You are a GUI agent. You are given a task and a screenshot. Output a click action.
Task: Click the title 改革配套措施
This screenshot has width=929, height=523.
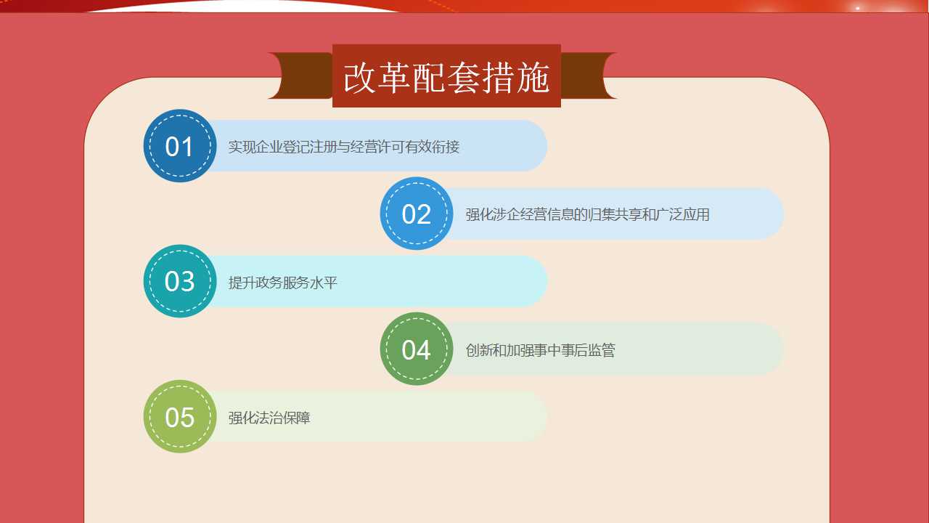point(446,78)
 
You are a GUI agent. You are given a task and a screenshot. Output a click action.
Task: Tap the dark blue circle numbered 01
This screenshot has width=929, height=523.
point(179,146)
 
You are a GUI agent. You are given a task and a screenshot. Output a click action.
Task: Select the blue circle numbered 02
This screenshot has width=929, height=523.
point(417,214)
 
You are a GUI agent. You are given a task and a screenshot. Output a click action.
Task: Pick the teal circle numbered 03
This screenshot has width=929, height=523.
point(179,281)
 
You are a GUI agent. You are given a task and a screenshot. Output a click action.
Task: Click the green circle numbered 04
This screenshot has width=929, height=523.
point(417,349)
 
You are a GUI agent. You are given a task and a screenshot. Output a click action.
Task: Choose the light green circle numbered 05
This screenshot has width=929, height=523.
point(179,416)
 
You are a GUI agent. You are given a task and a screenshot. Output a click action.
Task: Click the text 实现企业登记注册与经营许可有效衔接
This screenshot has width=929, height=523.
point(344,147)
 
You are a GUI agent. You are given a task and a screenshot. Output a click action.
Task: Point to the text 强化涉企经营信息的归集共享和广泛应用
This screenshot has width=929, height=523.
point(587,214)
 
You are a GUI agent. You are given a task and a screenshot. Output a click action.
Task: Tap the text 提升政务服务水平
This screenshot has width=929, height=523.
point(282,283)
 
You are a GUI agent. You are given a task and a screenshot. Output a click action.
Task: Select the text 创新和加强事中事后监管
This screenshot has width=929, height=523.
point(540,350)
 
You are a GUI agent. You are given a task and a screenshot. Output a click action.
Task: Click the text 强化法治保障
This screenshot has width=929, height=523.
point(269,418)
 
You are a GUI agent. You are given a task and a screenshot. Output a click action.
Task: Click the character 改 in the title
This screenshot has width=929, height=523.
point(359,78)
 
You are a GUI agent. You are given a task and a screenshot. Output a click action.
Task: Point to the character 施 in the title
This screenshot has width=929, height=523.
point(533,78)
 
